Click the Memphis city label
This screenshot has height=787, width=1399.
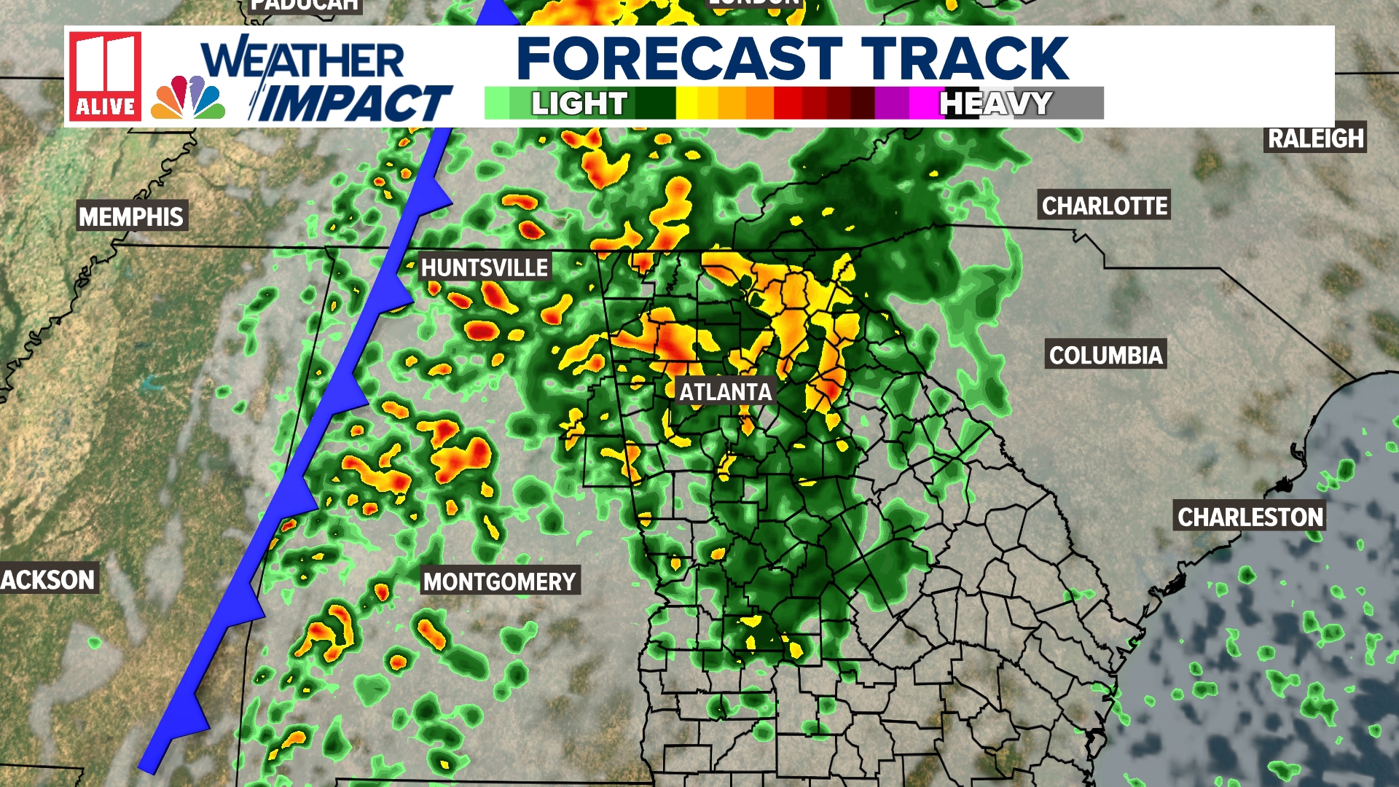click(x=131, y=216)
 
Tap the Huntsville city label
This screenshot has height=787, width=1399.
click(x=485, y=267)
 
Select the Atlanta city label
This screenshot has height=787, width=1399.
click(x=725, y=392)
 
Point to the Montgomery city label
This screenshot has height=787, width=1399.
click(x=500, y=582)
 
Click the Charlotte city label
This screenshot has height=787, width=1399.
click(x=1105, y=206)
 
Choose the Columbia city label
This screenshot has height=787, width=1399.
click(x=1105, y=355)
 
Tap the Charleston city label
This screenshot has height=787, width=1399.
click(x=1250, y=517)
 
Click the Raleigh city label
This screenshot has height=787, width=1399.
click(x=1315, y=138)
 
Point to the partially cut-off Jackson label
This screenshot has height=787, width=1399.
click(x=48, y=579)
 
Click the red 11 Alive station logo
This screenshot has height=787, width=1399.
click(x=105, y=76)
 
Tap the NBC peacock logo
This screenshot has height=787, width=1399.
click(x=188, y=98)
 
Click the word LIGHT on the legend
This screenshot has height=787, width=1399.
click(x=579, y=103)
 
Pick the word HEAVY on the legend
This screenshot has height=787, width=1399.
click(x=995, y=103)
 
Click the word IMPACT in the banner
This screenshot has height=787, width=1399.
click(x=353, y=103)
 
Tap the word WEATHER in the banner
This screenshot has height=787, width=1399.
click(x=302, y=60)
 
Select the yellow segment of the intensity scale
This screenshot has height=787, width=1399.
click(x=696, y=103)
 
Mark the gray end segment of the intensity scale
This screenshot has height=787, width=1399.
click(x=1078, y=103)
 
